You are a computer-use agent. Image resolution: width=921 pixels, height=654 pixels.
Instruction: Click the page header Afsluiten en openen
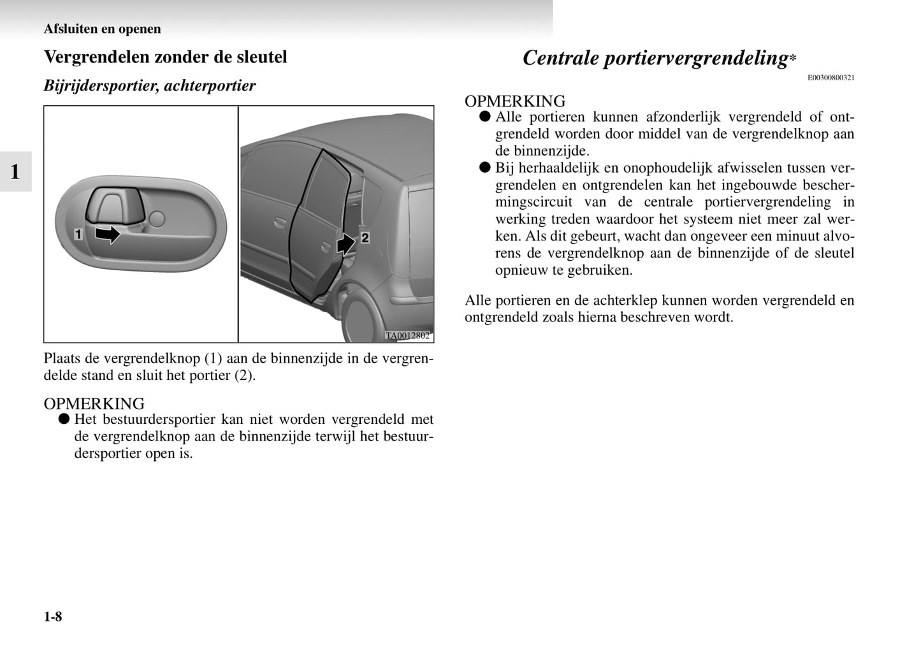coord(102,29)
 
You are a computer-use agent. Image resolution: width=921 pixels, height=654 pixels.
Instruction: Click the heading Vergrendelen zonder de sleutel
coord(165,57)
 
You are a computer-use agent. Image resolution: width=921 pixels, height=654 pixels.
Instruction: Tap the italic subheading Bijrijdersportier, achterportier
coord(149,85)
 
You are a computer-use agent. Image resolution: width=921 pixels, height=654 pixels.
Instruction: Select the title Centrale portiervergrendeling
coord(655,58)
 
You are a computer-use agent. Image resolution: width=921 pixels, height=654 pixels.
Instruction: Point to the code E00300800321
coord(830,78)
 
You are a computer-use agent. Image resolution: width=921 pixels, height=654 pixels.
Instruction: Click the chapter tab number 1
coord(15,171)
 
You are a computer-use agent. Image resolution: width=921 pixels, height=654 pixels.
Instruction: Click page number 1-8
coord(53,616)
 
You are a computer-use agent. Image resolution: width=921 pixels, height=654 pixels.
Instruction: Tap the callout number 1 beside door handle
coord(78,235)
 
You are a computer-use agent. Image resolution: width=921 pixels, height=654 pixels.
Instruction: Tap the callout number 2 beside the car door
coord(365,238)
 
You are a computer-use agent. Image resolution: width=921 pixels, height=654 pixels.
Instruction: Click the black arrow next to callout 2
coord(346,243)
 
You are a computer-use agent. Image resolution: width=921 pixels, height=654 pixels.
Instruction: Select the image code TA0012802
coord(407,336)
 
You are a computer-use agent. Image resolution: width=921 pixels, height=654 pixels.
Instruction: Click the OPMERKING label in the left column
coord(94,403)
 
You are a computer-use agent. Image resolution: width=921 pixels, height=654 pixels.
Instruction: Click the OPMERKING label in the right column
coord(514,101)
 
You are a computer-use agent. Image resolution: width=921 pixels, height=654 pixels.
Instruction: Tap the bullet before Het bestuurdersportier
coord(63,419)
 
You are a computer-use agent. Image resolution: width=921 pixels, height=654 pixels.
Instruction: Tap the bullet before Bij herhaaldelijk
coord(484,168)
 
